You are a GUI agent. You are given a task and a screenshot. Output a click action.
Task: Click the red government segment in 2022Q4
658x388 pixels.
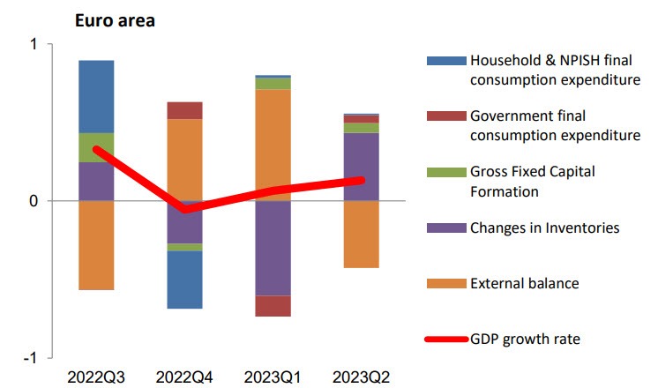point(185,110)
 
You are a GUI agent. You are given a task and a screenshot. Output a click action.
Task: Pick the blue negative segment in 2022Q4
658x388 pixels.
point(185,280)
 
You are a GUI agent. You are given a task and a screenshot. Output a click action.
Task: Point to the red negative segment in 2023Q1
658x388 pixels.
point(273,306)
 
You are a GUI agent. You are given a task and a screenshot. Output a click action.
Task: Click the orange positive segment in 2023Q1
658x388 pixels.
point(273,145)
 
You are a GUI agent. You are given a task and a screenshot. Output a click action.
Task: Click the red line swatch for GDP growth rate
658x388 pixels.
point(444,339)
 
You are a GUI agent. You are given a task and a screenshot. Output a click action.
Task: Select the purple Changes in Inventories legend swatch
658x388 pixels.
point(444,228)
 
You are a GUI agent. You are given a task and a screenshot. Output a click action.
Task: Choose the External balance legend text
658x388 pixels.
point(524,283)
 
